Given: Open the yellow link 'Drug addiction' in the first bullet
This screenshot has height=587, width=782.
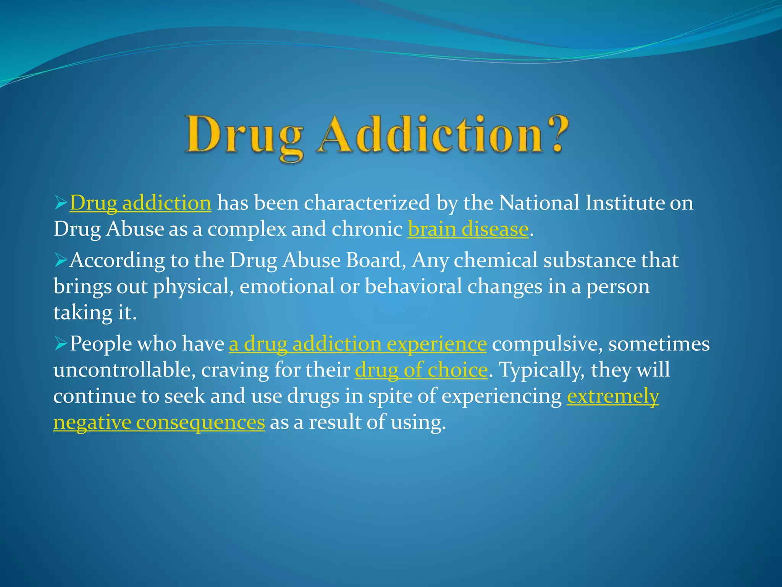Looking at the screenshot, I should [x=140, y=203].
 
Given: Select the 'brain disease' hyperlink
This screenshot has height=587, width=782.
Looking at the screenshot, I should [x=468, y=229].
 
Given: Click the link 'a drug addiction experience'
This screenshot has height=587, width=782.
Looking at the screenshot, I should [x=358, y=344].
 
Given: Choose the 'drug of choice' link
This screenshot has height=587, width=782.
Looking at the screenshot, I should [x=421, y=370].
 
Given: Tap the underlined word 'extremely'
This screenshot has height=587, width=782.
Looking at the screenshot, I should [x=613, y=396].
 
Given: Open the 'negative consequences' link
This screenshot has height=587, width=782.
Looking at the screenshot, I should [x=159, y=422].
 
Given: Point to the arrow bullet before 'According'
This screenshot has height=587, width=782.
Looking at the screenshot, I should [x=61, y=260].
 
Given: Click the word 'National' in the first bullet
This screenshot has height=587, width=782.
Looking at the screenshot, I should [x=539, y=203].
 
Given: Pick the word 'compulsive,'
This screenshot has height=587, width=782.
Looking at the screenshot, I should [x=547, y=344].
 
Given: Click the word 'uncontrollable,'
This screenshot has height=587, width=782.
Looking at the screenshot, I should [x=124, y=370].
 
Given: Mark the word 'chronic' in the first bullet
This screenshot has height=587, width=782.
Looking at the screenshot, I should [x=367, y=229].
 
